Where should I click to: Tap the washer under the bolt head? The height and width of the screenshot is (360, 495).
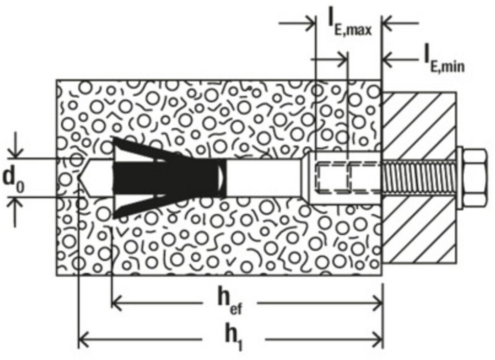point(459,177)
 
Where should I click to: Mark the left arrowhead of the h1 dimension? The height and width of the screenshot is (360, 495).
point(83,338)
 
